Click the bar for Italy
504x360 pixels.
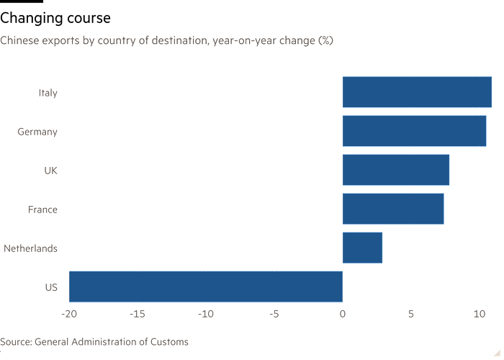tap(417, 92)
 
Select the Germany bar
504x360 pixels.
tap(414, 131)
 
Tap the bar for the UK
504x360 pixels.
tap(396, 170)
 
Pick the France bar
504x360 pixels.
tap(393, 209)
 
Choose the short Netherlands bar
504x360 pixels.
tap(362, 248)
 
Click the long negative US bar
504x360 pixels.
tap(207, 287)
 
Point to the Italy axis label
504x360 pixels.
tap(48, 93)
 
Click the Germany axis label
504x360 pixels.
tap(37, 132)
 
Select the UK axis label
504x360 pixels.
tap(50, 171)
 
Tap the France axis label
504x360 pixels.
tap(42, 210)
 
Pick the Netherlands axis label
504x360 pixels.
tap(30, 248)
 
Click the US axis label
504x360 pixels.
tap(50, 287)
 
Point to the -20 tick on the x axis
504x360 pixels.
tap(69, 313)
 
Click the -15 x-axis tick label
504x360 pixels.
tap(138, 313)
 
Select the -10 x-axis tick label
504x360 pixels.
tap(206, 313)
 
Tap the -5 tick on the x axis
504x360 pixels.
tap(274, 313)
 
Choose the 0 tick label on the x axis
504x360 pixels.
tap(343, 313)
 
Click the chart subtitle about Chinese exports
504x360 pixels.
tap(166, 40)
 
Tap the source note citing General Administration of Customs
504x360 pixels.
tap(94, 342)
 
